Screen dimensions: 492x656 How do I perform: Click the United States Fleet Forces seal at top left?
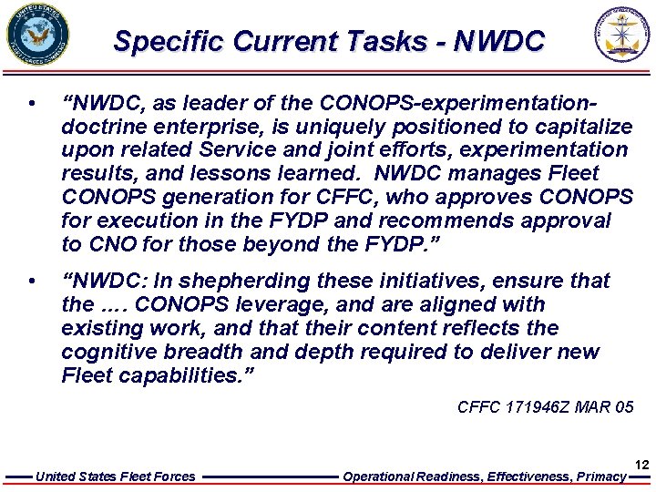tap(37, 36)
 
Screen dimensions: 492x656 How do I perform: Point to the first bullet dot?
tap(32, 103)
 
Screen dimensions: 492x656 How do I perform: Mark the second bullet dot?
tap(32, 281)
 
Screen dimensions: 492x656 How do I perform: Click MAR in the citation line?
tap(597, 407)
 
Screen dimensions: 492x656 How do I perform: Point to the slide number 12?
tap(641, 465)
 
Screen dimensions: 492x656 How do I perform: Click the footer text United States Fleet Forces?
tap(115, 477)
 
